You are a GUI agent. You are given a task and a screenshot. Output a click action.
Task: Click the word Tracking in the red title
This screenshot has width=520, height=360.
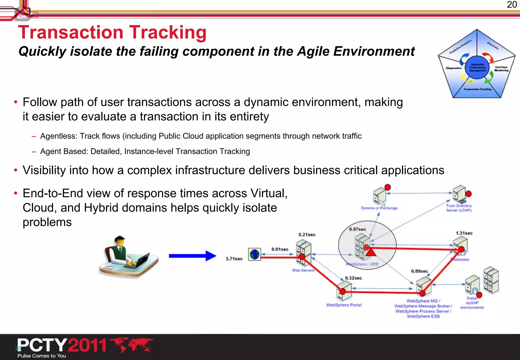pyautogui.click(x=168, y=32)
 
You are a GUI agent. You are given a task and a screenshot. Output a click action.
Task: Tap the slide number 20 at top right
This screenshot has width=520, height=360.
pyautogui.click(x=512, y=5)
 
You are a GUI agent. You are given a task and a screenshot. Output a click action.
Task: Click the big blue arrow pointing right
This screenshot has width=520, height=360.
pyautogui.click(x=192, y=256)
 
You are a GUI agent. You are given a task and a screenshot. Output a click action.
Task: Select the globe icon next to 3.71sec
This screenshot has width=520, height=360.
pyautogui.click(x=254, y=254)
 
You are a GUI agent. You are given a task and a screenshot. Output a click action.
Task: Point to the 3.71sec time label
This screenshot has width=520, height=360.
pyautogui.click(x=234, y=259)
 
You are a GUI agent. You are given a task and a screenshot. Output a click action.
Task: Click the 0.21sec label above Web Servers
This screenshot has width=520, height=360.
pyautogui.click(x=307, y=235)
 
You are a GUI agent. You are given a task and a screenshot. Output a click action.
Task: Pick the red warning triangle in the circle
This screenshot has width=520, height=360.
pyautogui.click(x=371, y=252)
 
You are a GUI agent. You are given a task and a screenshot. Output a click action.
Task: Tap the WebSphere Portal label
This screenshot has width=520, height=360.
pyautogui.click(x=344, y=305)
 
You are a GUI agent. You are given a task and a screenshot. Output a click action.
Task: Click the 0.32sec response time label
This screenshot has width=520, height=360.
pyautogui.click(x=353, y=278)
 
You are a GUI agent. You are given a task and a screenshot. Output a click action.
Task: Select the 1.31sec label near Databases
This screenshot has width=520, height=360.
pyautogui.click(x=464, y=233)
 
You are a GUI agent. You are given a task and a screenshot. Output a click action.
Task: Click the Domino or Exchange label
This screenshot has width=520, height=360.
pyautogui.click(x=379, y=208)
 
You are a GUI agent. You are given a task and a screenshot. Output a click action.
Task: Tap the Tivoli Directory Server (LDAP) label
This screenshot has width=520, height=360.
pyautogui.click(x=459, y=208)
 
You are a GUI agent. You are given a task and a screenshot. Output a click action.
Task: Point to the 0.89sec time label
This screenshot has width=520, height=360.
pyautogui.click(x=419, y=271)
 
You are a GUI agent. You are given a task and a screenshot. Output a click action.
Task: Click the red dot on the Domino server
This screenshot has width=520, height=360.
pyautogui.click(x=387, y=187)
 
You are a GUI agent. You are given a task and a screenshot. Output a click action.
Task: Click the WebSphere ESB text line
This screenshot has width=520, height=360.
pyautogui.click(x=423, y=316)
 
